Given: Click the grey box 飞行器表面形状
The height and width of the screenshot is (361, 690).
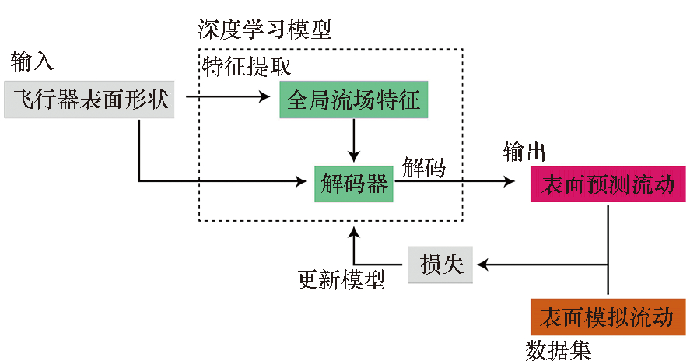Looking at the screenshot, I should coord(89,100).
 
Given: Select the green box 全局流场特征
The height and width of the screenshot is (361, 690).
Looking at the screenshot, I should coord(353,100).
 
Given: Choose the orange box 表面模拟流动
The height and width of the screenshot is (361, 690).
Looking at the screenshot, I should coord(608,317).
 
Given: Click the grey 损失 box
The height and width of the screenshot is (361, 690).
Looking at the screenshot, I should coord(440,265).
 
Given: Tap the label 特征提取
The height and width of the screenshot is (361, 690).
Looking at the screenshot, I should coord(247,67).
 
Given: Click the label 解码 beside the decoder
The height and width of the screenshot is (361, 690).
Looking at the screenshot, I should coord(424,166).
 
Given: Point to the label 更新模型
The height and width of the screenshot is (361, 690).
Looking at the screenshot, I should coord(341,279).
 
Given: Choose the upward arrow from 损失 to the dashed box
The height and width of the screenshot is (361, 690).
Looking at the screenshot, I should coord(355,245).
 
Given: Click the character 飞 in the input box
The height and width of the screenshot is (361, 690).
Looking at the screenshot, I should coord(25,100).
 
